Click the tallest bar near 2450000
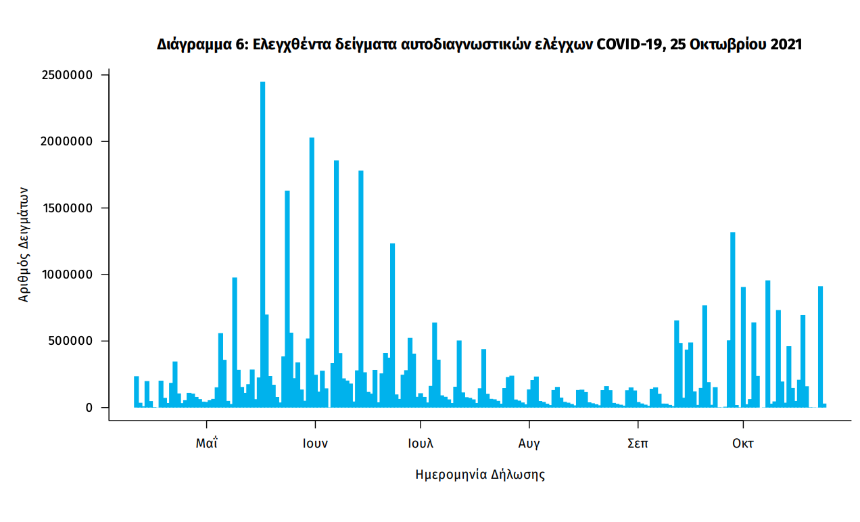[262, 243]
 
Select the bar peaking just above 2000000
[312, 270]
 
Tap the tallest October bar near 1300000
[733, 318]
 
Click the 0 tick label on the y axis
[88, 408]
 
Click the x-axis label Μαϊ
[207, 444]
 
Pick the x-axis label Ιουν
[315, 444]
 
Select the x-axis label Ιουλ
[421, 444]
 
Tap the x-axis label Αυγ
[529, 444]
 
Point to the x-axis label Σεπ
[638, 444]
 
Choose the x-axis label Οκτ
[743, 444]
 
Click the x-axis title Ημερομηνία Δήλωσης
[480, 475]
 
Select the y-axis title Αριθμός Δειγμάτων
[24, 243]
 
